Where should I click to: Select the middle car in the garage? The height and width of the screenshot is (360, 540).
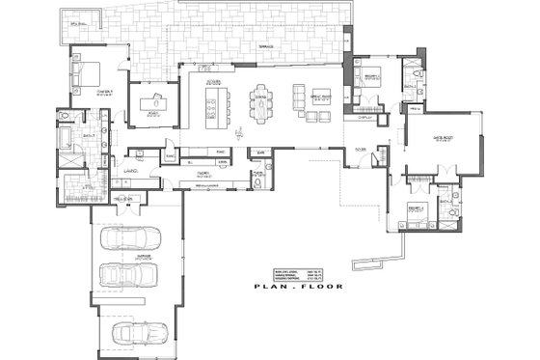click(134, 278)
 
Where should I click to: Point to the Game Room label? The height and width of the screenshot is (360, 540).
click(445, 138)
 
